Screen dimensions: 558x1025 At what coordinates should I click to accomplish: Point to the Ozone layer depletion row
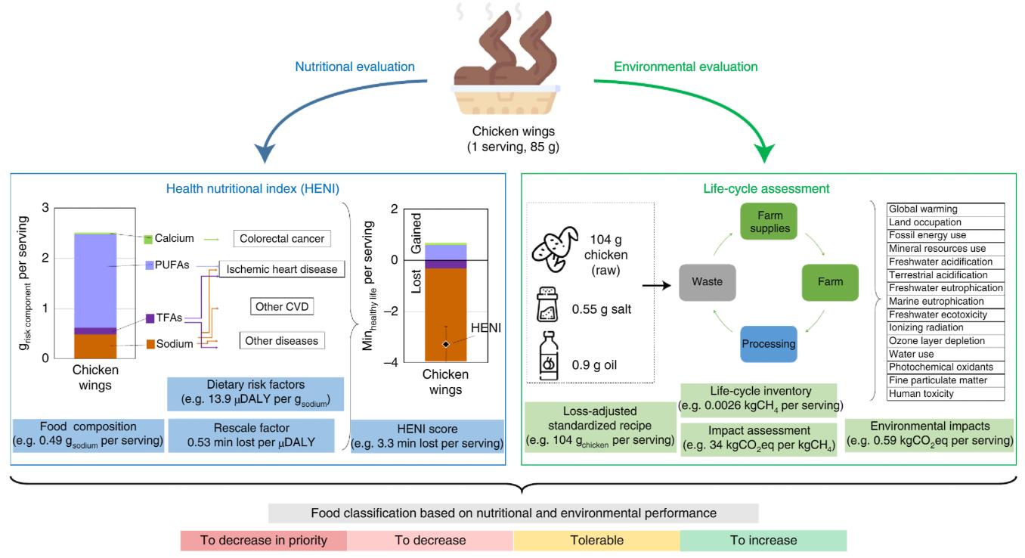[946, 341]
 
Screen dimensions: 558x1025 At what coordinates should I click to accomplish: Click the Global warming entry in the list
[946, 209]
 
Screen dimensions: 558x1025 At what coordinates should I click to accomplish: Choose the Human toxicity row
[946, 394]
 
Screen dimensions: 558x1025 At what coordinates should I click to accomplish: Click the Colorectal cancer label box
[281, 239]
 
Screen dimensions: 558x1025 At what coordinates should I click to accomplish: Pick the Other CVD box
[281, 307]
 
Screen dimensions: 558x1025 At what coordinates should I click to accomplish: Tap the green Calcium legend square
[149, 239]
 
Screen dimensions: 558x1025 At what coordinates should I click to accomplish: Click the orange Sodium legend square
[150, 345]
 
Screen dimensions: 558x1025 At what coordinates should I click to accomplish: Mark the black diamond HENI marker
[446, 344]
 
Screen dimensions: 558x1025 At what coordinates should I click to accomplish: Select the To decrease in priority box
[263, 541]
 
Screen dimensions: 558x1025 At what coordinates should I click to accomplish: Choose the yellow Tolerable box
[596, 541]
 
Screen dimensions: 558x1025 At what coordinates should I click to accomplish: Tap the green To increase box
[763, 541]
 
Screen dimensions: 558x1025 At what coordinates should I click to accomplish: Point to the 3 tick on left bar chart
[45, 208]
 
